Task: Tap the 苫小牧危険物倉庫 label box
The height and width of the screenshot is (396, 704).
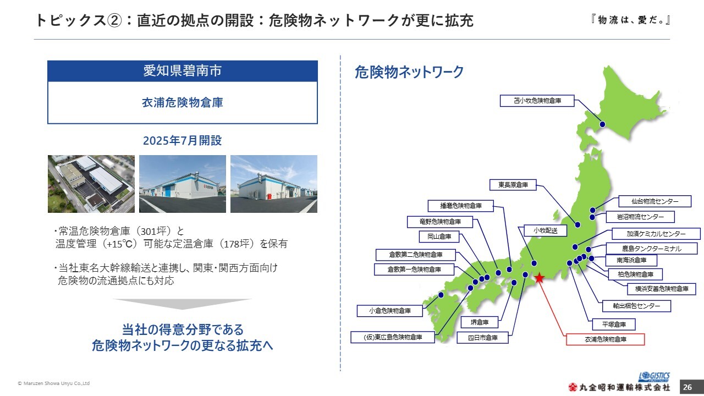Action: coord(537,101)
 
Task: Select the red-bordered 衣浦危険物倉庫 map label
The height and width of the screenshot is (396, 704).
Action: coord(606,339)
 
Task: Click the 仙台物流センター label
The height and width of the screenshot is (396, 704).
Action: coord(655,201)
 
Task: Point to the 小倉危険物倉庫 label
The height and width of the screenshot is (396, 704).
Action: coord(390,311)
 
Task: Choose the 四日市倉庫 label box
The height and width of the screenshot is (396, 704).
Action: coord(482,338)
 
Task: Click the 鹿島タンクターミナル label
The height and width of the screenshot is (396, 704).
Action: coord(652,249)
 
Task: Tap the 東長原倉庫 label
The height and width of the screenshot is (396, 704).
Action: coord(513,185)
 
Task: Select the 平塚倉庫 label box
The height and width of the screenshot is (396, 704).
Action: coord(614,324)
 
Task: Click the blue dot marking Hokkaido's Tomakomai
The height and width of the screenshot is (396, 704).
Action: coord(602,124)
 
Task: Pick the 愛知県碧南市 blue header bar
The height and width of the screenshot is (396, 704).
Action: coord(183,71)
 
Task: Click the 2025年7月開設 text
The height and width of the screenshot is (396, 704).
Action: coord(182,140)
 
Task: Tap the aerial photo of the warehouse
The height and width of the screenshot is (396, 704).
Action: coord(91,184)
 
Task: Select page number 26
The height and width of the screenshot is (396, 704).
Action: coord(687,387)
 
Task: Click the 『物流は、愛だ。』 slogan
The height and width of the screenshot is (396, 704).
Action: coord(631,20)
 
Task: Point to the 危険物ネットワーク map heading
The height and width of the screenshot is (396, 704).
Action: coord(409,72)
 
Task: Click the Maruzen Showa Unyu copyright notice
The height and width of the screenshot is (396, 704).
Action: coord(54,383)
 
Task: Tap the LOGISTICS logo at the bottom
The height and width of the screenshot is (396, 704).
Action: coord(654,377)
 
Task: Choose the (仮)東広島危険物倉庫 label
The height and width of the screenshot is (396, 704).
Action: coord(393,337)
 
